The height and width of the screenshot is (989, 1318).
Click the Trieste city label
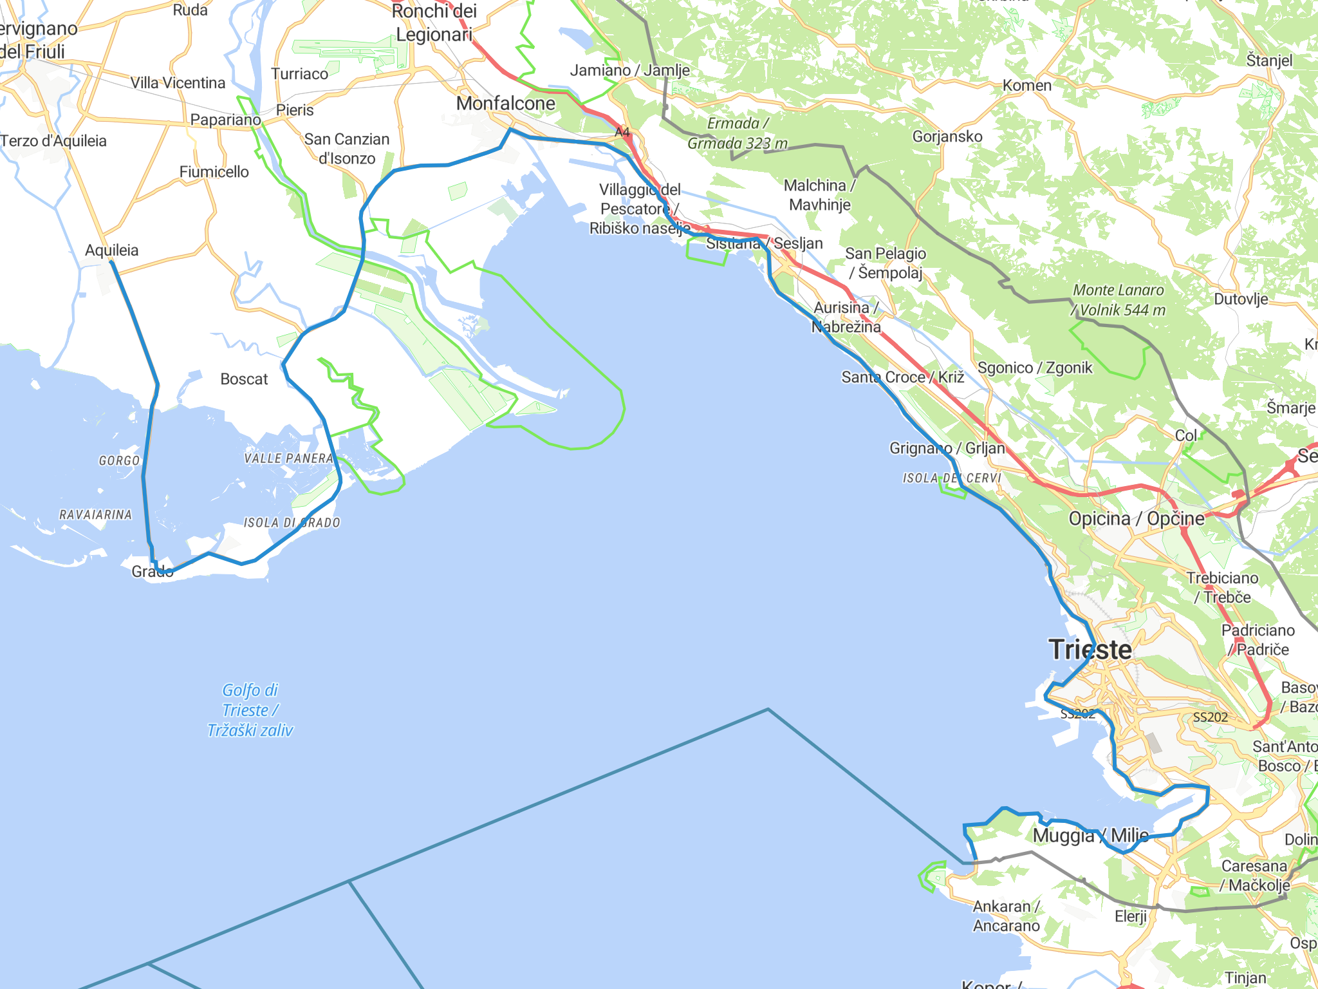pos(1090,649)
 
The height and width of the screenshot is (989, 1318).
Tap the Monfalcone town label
pos(505,103)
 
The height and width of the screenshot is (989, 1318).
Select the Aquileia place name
pos(111,250)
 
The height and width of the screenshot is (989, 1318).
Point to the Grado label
pos(152,571)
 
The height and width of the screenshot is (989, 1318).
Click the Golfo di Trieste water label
pos(250,710)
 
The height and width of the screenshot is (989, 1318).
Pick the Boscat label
pos(244,379)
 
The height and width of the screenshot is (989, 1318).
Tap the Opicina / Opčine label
pos(1136,518)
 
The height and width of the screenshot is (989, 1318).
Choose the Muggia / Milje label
pos(1090,835)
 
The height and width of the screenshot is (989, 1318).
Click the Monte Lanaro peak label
pos(1118,300)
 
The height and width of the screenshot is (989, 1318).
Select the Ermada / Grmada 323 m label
pos(738,133)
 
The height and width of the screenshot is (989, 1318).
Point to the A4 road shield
pos(622,133)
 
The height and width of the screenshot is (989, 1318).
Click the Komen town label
pos(1026,85)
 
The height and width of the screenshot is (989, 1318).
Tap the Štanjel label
pos(1269,61)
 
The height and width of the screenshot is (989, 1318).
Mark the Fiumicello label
pos(214,172)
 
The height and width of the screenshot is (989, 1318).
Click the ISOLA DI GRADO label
pos(292,523)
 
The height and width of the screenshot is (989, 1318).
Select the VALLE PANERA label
pos(288,458)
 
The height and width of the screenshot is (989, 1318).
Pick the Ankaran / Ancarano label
pos(1006,916)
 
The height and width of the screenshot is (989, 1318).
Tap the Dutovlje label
pos(1241,299)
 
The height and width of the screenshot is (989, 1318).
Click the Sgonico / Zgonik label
pos(1035,368)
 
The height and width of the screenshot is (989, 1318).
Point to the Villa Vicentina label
pos(178,83)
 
